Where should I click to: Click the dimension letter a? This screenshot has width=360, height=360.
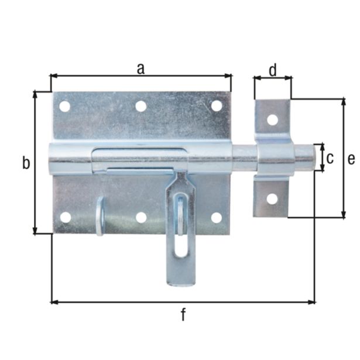pos(140,68)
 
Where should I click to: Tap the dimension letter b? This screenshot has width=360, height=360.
pos(26,163)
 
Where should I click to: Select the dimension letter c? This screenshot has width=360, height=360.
pos(330,157)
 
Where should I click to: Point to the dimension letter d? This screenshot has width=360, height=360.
pos(273,70)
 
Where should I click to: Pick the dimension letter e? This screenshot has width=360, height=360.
pos(351,158)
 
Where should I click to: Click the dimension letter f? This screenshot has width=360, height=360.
pos(183,315)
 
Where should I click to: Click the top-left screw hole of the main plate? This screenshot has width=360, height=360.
pos(64,107)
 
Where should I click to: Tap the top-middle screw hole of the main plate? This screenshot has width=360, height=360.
pos(140,107)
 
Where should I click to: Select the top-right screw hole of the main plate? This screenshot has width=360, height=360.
pos(217,106)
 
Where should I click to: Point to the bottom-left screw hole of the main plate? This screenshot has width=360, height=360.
pos(65,217)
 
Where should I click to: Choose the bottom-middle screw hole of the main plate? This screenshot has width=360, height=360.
pos(141,217)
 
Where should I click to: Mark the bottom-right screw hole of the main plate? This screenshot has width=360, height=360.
pos(217,217)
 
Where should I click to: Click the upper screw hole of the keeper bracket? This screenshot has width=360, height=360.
pos(272,120)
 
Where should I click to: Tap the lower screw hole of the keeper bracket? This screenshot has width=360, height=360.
pos(272,198)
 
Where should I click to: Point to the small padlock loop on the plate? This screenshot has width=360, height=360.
pos(100,215)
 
